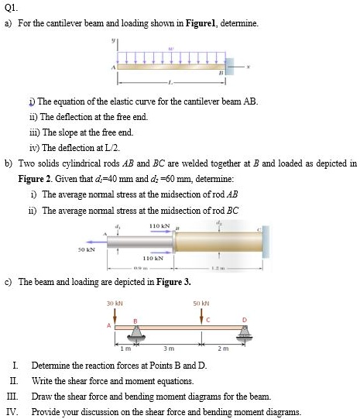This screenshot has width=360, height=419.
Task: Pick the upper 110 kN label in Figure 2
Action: tap(159, 225)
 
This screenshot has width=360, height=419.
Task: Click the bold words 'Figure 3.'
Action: tap(174, 282)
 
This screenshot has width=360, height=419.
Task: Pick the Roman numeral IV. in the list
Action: tap(12, 412)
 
